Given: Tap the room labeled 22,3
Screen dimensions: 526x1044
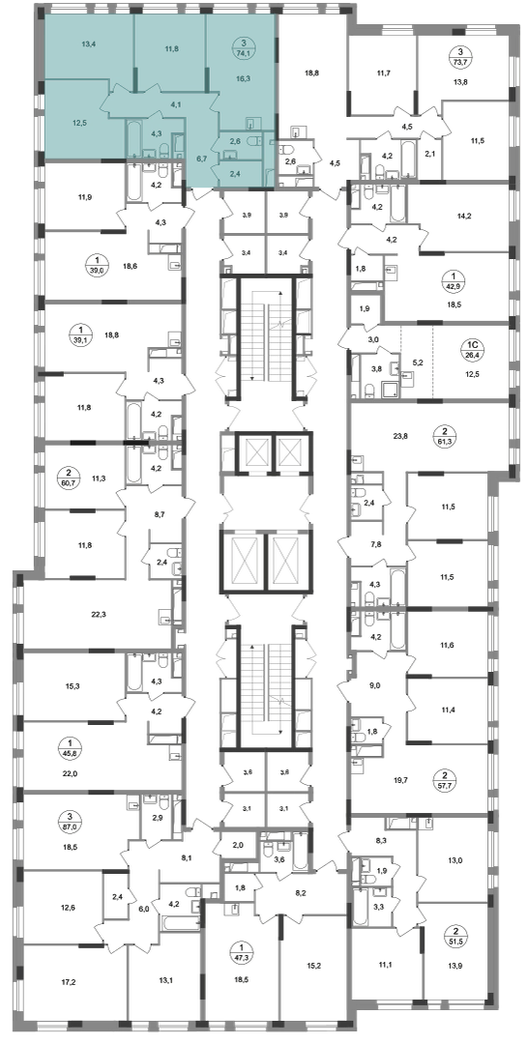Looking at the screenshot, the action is pyautogui.click(x=99, y=615).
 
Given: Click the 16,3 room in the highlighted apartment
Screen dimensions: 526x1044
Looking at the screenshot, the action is pyautogui.click(x=244, y=77).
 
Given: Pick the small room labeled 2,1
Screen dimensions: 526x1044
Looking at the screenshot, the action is pyautogui.click(x=429, y=155).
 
